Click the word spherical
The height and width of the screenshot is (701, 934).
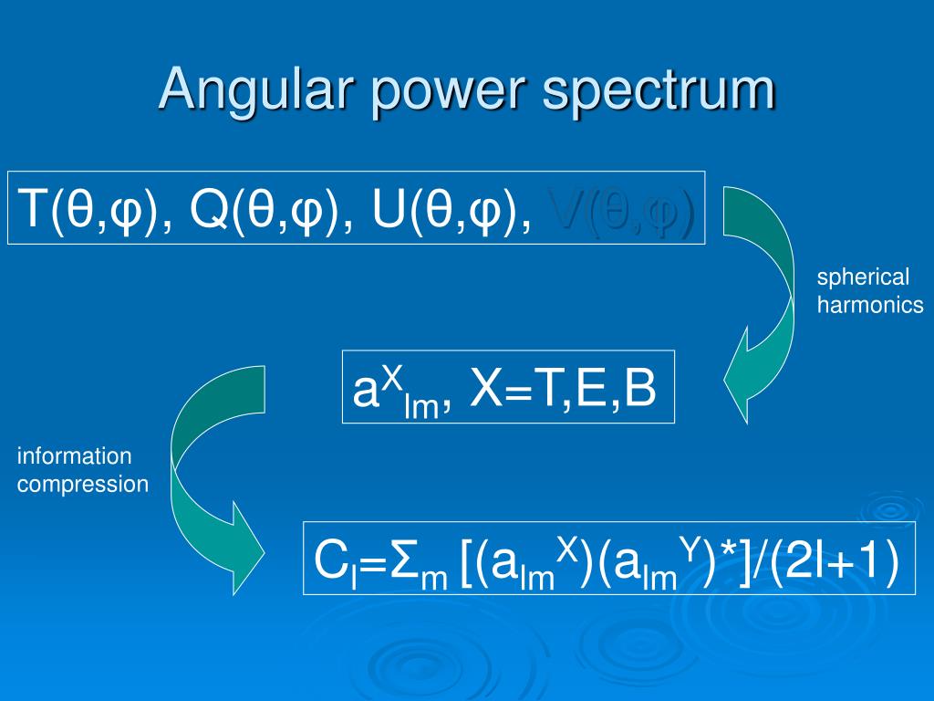(x=863, y=277)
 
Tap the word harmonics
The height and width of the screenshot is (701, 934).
(x=870, y=306)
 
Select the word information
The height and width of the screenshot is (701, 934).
(x=74, y=455)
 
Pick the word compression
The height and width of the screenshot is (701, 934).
(x=82, y=484)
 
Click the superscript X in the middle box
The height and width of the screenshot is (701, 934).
(x=391, y=374)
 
